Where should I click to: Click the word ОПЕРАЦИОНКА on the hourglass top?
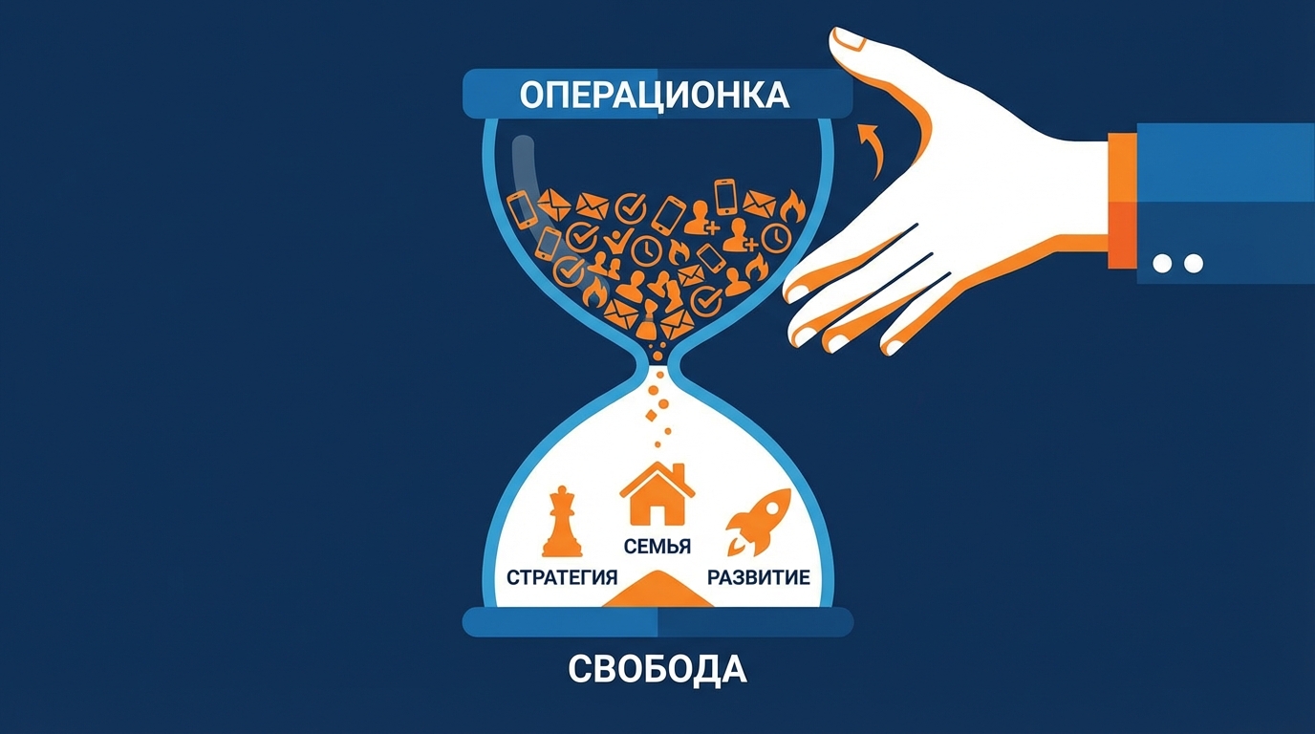click(655, 95)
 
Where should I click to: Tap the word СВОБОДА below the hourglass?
click(657, 668)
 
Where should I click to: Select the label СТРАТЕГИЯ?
click(561, 577)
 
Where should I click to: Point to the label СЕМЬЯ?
click(657, 547)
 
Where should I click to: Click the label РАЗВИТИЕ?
click(758, 577)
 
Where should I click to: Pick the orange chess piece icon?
click(562, 523)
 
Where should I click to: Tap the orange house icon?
click(657, 494)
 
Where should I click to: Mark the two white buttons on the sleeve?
click(1177, 263)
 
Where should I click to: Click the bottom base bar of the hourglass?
click(657, 622)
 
